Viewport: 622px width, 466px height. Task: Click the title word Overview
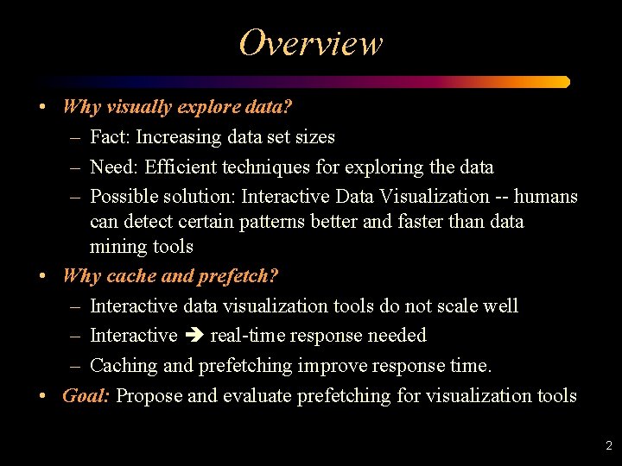[310, 42]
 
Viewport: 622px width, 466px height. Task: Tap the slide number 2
[608, 446]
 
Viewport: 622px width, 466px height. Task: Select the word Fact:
[110, 136]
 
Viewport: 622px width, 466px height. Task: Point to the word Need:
[112, 167]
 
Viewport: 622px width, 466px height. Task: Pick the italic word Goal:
[86, 395]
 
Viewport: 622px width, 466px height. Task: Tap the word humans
[544, 196]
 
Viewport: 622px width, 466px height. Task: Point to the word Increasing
[179, 137]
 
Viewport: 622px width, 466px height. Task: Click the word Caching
[124, 366]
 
